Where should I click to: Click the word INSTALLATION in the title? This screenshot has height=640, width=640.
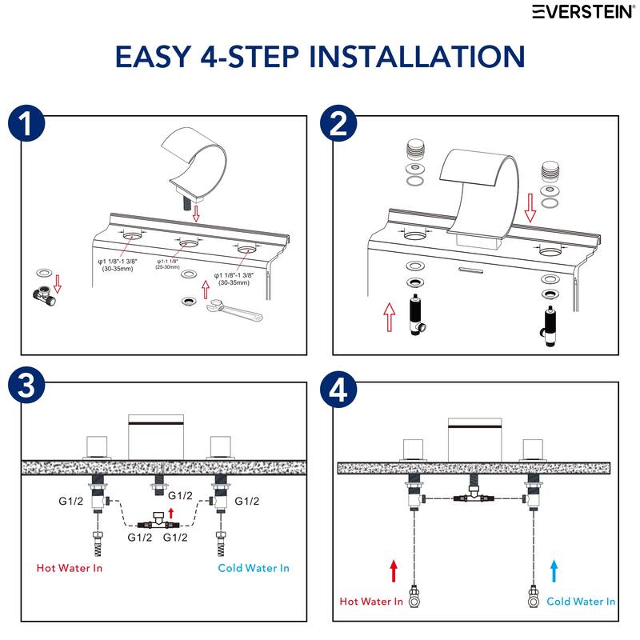click(416, 56)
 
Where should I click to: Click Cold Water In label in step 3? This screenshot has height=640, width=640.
click(254, 568)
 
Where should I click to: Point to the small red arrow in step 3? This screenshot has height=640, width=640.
click(170, 510)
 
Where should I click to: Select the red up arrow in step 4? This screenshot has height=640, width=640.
click(394, 570)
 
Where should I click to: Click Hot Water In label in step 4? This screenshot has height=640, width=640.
click(371, 602)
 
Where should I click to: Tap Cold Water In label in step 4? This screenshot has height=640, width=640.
click(582, 602)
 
